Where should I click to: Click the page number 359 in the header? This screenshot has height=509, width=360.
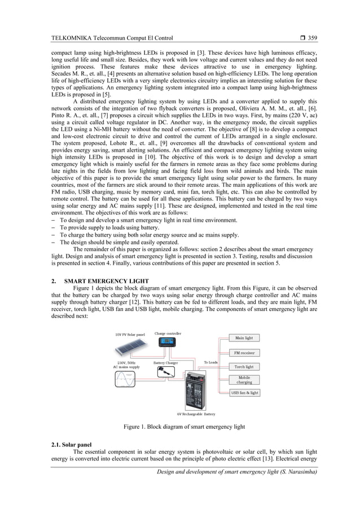(x=312, y=38)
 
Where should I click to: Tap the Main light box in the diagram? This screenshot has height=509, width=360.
(x=244, y=338)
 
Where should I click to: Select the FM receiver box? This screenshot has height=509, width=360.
(x=244, y=353)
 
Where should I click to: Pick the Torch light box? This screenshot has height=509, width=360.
(x=244, y=367)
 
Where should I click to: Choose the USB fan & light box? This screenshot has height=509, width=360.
(x=244, y=393)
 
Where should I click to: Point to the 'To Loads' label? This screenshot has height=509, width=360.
(x=210, y=362)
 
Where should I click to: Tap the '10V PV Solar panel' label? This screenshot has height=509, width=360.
(x=130, y=335)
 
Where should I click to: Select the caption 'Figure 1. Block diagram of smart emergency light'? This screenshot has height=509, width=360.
(x=185, y=427)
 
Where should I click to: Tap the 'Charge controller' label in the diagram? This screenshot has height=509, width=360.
(x=168, y=334)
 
